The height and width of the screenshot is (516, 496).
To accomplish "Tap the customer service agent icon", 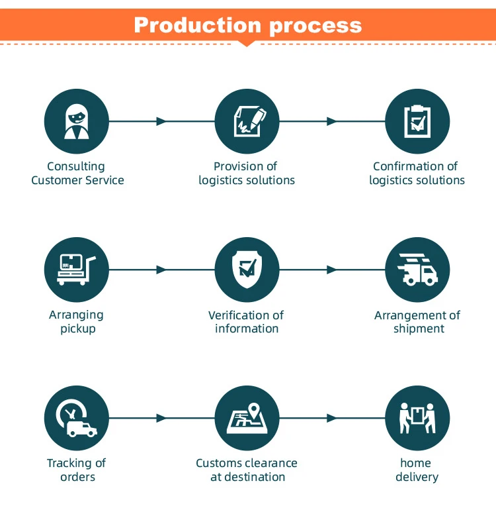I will [x=76, y=122].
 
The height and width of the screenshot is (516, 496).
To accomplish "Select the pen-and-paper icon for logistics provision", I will [x=247, y=122].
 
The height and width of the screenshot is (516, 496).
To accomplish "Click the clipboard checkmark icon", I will [x=417, y=122].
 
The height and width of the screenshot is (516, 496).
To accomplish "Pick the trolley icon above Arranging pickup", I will [x=76, y=270].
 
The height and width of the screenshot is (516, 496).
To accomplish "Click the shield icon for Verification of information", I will [x=247, y=270].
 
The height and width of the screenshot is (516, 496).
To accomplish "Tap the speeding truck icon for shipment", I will [x=417, y=270].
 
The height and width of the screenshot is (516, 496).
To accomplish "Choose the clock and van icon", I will [x=76, y=419].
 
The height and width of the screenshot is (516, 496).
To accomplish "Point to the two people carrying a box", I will [x=417, y=419].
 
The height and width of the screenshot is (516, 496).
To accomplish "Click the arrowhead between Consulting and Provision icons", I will [x=161, y=122].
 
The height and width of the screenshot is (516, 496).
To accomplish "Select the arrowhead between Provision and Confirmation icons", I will [x=332, y=122].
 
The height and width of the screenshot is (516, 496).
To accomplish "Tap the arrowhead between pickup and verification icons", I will [x=161, y=270].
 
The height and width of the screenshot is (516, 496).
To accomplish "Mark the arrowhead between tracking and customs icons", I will [x=161, y=419].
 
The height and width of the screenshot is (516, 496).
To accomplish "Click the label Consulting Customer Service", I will [x=77, y=173].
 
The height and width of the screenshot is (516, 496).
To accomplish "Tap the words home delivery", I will [x=417, y=470].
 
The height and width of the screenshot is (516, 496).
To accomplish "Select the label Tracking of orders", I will [x=77, y=470].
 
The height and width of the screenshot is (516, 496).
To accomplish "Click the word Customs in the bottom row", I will [x=221, y=463].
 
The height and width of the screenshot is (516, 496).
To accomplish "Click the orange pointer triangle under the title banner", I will [x=247, y=44].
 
